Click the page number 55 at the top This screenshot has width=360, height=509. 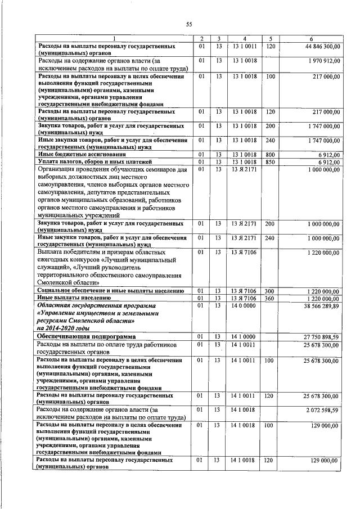(189, 24)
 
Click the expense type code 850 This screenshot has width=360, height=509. (270, 162)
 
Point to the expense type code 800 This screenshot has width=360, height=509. (270, 154)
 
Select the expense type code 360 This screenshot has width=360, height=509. (270, 298)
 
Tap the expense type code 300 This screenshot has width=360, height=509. (270, 290)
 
